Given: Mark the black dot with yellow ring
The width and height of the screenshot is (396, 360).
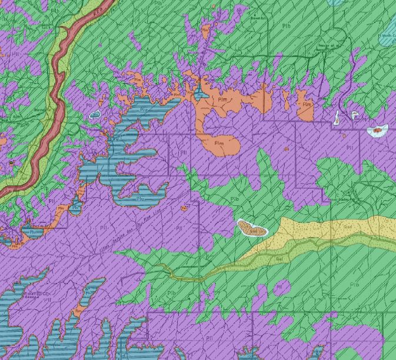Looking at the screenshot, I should coord(11,162).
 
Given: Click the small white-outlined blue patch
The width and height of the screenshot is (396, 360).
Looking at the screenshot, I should coord(94,115).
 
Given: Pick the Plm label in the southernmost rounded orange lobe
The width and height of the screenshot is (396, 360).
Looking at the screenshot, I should coord(219,143).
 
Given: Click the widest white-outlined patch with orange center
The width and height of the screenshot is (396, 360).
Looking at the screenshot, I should coord(377,130).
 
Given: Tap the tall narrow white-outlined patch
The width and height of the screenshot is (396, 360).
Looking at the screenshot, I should coord(337,118).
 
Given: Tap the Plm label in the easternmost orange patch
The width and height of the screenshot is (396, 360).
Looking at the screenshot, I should coord(306,105).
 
